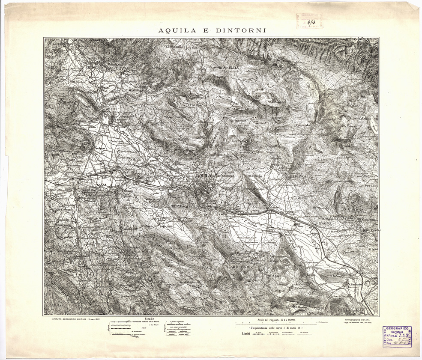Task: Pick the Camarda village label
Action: point(302,125)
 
